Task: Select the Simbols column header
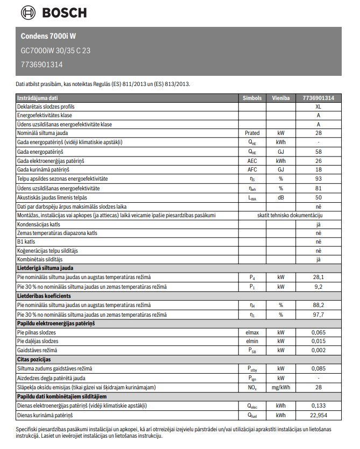coord(252,98)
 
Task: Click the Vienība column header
coord(280,98)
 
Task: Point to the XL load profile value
coord(319,106)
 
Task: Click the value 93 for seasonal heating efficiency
coord(319,179)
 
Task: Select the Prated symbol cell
coord(252,133)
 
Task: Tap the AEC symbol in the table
coord(252,161)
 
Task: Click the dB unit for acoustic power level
coord(280,197)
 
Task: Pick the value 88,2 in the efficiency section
coord(319,305)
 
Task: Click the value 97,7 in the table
coord(319,315)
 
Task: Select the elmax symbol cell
coord(252,333)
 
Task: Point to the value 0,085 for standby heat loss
coord(319,368)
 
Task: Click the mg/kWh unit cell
coord(280,387)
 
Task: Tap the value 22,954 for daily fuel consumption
coord(319,415)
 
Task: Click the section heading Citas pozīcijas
coord(34,359)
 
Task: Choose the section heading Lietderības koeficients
coord(44,296)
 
